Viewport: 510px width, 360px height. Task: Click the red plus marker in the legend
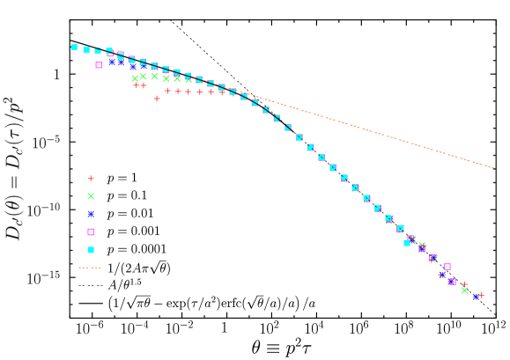[x=91, y=179]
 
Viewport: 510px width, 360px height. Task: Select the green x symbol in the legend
[x=91, y=196]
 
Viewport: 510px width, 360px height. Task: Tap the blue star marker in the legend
[x=91, y=214]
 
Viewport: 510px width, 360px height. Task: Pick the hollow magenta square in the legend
[x=91, y=232]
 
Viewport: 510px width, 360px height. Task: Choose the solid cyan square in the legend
[x=91, y=250]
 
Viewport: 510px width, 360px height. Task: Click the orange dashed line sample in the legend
[x=90, y=268]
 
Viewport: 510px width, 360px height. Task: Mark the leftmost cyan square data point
[x=74, y=48]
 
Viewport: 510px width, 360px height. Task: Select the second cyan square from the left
[x=86, y=50]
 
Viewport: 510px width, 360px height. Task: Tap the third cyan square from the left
[x=98, y=51]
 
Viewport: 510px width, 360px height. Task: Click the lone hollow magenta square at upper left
[x=99, y=65]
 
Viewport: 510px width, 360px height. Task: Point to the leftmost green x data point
[x=135, y=78]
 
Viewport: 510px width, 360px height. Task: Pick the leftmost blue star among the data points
[x=113, y=62]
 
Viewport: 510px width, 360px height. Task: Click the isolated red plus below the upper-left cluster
[x=157, y=99]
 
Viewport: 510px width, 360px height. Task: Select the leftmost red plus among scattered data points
[x=137, y=85]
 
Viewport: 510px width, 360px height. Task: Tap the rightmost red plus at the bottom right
[x=481, y=295]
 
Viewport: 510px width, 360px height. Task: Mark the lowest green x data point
[x=465, y=290]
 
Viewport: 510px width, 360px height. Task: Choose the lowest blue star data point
[x=476, y=298]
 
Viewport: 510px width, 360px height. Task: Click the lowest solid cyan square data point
[x=407, y=242]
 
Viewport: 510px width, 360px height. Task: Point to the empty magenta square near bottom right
[x=447, y=267]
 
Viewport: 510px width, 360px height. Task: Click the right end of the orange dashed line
[x=492, y=167]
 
